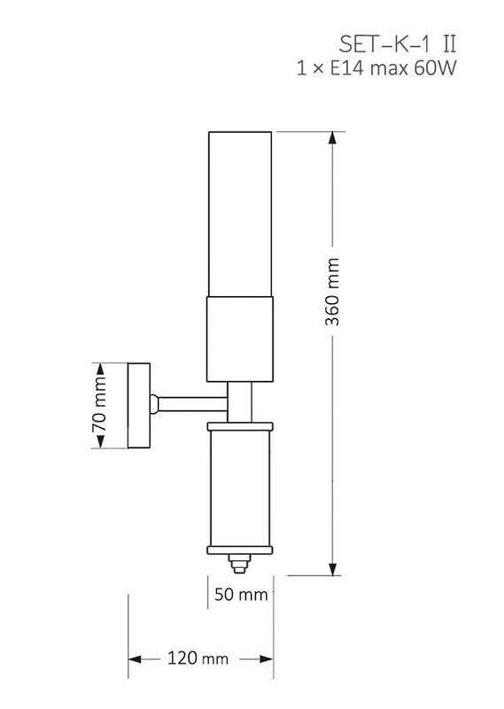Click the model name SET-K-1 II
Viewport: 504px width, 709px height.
[x=398, y=44]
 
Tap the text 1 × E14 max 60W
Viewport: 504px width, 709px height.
[x=376, y=68]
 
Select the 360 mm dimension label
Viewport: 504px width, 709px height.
[x=332, y=292]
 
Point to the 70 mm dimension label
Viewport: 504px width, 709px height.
[x=100, y=405]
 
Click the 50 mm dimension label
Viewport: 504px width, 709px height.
[x=241, y=594]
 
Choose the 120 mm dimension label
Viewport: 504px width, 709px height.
[x=198, y=658]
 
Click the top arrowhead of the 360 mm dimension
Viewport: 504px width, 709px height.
[x=332, y=138]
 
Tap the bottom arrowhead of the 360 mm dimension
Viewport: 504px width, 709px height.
[x=332, y=569]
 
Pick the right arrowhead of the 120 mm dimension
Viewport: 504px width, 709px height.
[x=267, y=659]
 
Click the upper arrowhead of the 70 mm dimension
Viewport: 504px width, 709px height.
[x=100, y=369]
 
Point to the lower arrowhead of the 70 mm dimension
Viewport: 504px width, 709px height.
[x=100, y=441]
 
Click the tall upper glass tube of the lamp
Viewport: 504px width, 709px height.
[x=240, y=214]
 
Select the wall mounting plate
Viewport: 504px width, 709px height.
[x=139, y=406]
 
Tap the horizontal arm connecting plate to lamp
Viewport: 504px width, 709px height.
[x=192, y=404]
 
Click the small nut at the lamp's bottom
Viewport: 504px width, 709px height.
[x=239, y=564]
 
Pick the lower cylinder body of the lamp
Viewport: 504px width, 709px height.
[x=240, y=489]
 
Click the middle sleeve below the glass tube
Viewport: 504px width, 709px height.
[x=240, y=339]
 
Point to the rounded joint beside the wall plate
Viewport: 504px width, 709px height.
[x=154, y=404]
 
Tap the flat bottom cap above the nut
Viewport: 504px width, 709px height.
[x=240, y=550]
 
